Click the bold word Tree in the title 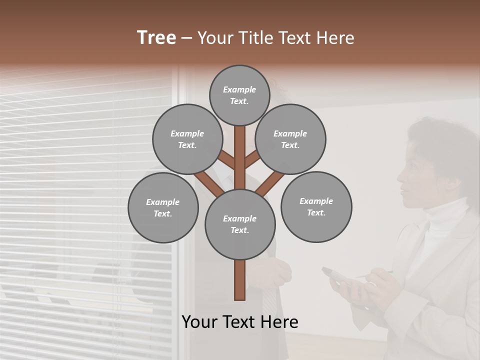[x=156, y=38]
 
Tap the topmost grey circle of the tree [x=239, y=95]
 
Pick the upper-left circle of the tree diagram [x=187, y=139]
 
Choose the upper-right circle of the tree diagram [x=290, y=139]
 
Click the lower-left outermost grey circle [x=163, y=207]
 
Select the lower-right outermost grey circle [x=316, y=207]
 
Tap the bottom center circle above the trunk [x=240, y=224]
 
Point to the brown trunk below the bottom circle [x=240, y=280]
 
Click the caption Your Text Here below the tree [x=240, y=322]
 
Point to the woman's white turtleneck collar [x=445, y=220]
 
